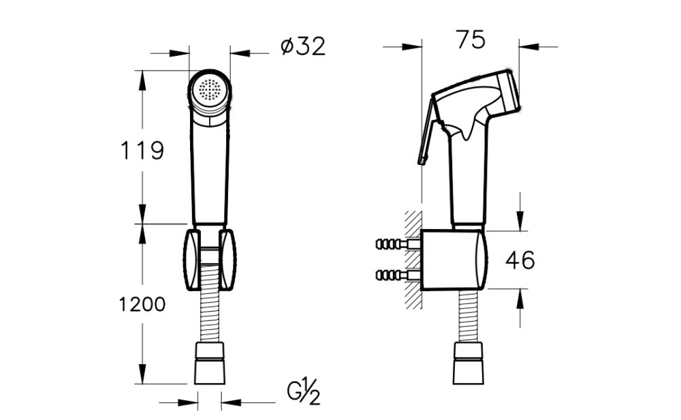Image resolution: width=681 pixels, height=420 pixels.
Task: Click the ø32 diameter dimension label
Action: tap(303, 46)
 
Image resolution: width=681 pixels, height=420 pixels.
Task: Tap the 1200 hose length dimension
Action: tap(141, 304)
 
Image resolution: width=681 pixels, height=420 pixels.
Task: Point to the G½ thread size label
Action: tap(304, 394)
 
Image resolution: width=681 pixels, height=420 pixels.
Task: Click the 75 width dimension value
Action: tap(471, 40)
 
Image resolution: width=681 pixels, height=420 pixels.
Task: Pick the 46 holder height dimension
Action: tap(520, 260)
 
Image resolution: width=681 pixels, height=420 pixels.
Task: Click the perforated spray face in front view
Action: tap(209, 90)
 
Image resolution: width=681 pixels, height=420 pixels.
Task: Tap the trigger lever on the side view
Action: tap(426, 133)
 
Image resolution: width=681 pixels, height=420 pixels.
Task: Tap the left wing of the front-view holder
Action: tap(191, 259)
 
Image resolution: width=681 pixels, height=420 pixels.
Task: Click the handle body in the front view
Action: tap(210, 170)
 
